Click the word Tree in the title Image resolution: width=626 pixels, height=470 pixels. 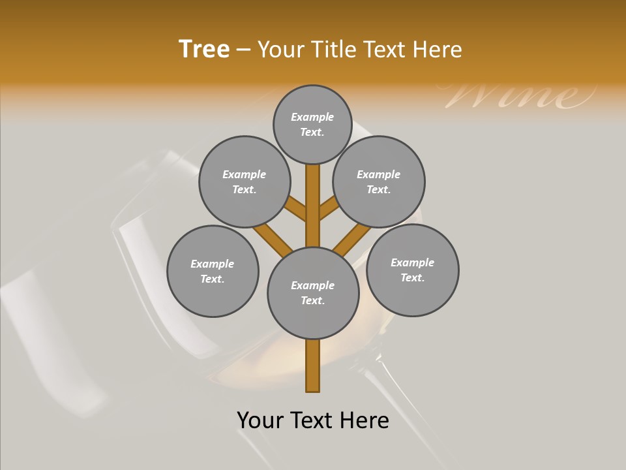[204, 50]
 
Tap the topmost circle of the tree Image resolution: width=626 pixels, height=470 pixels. [312, 124]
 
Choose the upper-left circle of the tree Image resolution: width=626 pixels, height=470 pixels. [244, 181]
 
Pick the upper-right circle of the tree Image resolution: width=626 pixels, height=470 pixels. [378, 181]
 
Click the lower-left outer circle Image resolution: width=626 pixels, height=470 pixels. [213, 271]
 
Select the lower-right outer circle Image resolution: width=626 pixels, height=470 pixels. [412, 270]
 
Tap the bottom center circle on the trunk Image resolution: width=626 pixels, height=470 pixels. [313, 292]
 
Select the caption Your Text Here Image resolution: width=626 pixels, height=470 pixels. [313, 420]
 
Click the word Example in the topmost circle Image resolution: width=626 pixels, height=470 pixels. [312, 117]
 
